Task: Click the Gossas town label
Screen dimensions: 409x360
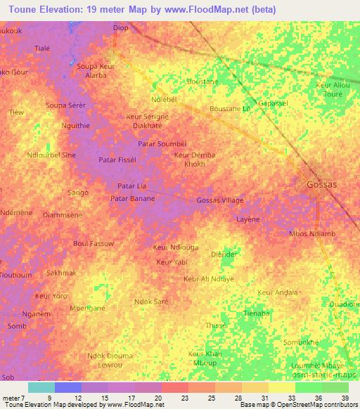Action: pyautogui.click(x=322, y=184)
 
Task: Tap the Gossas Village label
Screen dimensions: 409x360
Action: pyautogui.click(x=220, y=200)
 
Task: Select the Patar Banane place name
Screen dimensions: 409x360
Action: pyautogui.click(x=133, y=199)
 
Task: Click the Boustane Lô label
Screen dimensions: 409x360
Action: pyautogui.click(x=231, y=109)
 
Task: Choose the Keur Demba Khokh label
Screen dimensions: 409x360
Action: pyautogui.click(x=194, y=159)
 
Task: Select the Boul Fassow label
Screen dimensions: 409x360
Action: pyautogui.click(x=94, y=243)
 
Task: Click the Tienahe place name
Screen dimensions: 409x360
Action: pyautogui.click(x=257, y=313)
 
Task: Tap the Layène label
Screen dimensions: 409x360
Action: pyautogui.click(x=247, y=219)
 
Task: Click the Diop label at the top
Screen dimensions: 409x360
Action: pyautogui.click(x=121, y=27)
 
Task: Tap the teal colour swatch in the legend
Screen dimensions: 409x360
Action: pyautogui.click(x=41, y=387)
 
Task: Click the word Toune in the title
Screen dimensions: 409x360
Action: pyautogui.click(x=25, y=9)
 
